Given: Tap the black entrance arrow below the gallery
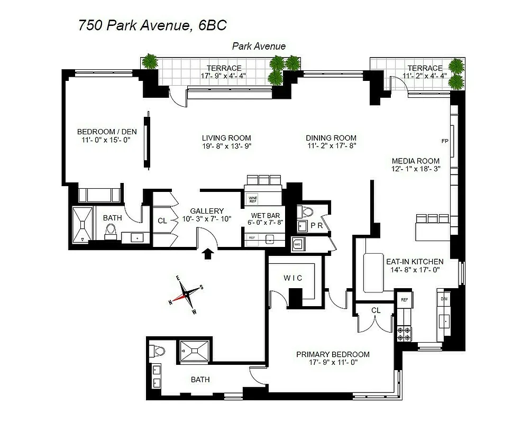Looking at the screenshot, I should click(208, 254).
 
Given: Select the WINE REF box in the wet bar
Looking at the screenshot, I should click(252, 199).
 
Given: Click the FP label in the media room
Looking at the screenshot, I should click(444, 141).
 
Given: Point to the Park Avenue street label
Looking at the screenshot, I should click(259, 46).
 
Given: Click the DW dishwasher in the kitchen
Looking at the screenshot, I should click(444, 299).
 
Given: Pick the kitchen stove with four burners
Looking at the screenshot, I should click(405, 333).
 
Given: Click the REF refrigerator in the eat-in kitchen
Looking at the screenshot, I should click(405, 299).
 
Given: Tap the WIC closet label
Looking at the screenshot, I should click(292, 278).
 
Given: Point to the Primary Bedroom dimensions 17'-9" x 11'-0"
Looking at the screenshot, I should click(333, 363).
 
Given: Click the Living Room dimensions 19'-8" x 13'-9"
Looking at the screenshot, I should click(226, 146).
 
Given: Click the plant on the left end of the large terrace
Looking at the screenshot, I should click(151, 61).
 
